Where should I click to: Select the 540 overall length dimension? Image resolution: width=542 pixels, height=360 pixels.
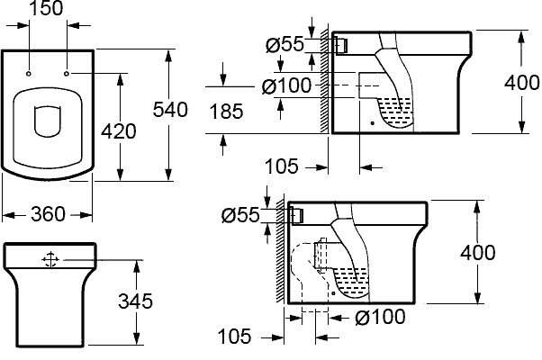[171, 110]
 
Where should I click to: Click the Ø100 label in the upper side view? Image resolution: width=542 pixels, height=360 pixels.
[287, 86]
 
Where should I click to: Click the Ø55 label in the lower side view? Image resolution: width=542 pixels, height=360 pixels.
[240, 216]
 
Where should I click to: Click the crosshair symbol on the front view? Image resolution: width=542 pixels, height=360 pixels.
[50, 259]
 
